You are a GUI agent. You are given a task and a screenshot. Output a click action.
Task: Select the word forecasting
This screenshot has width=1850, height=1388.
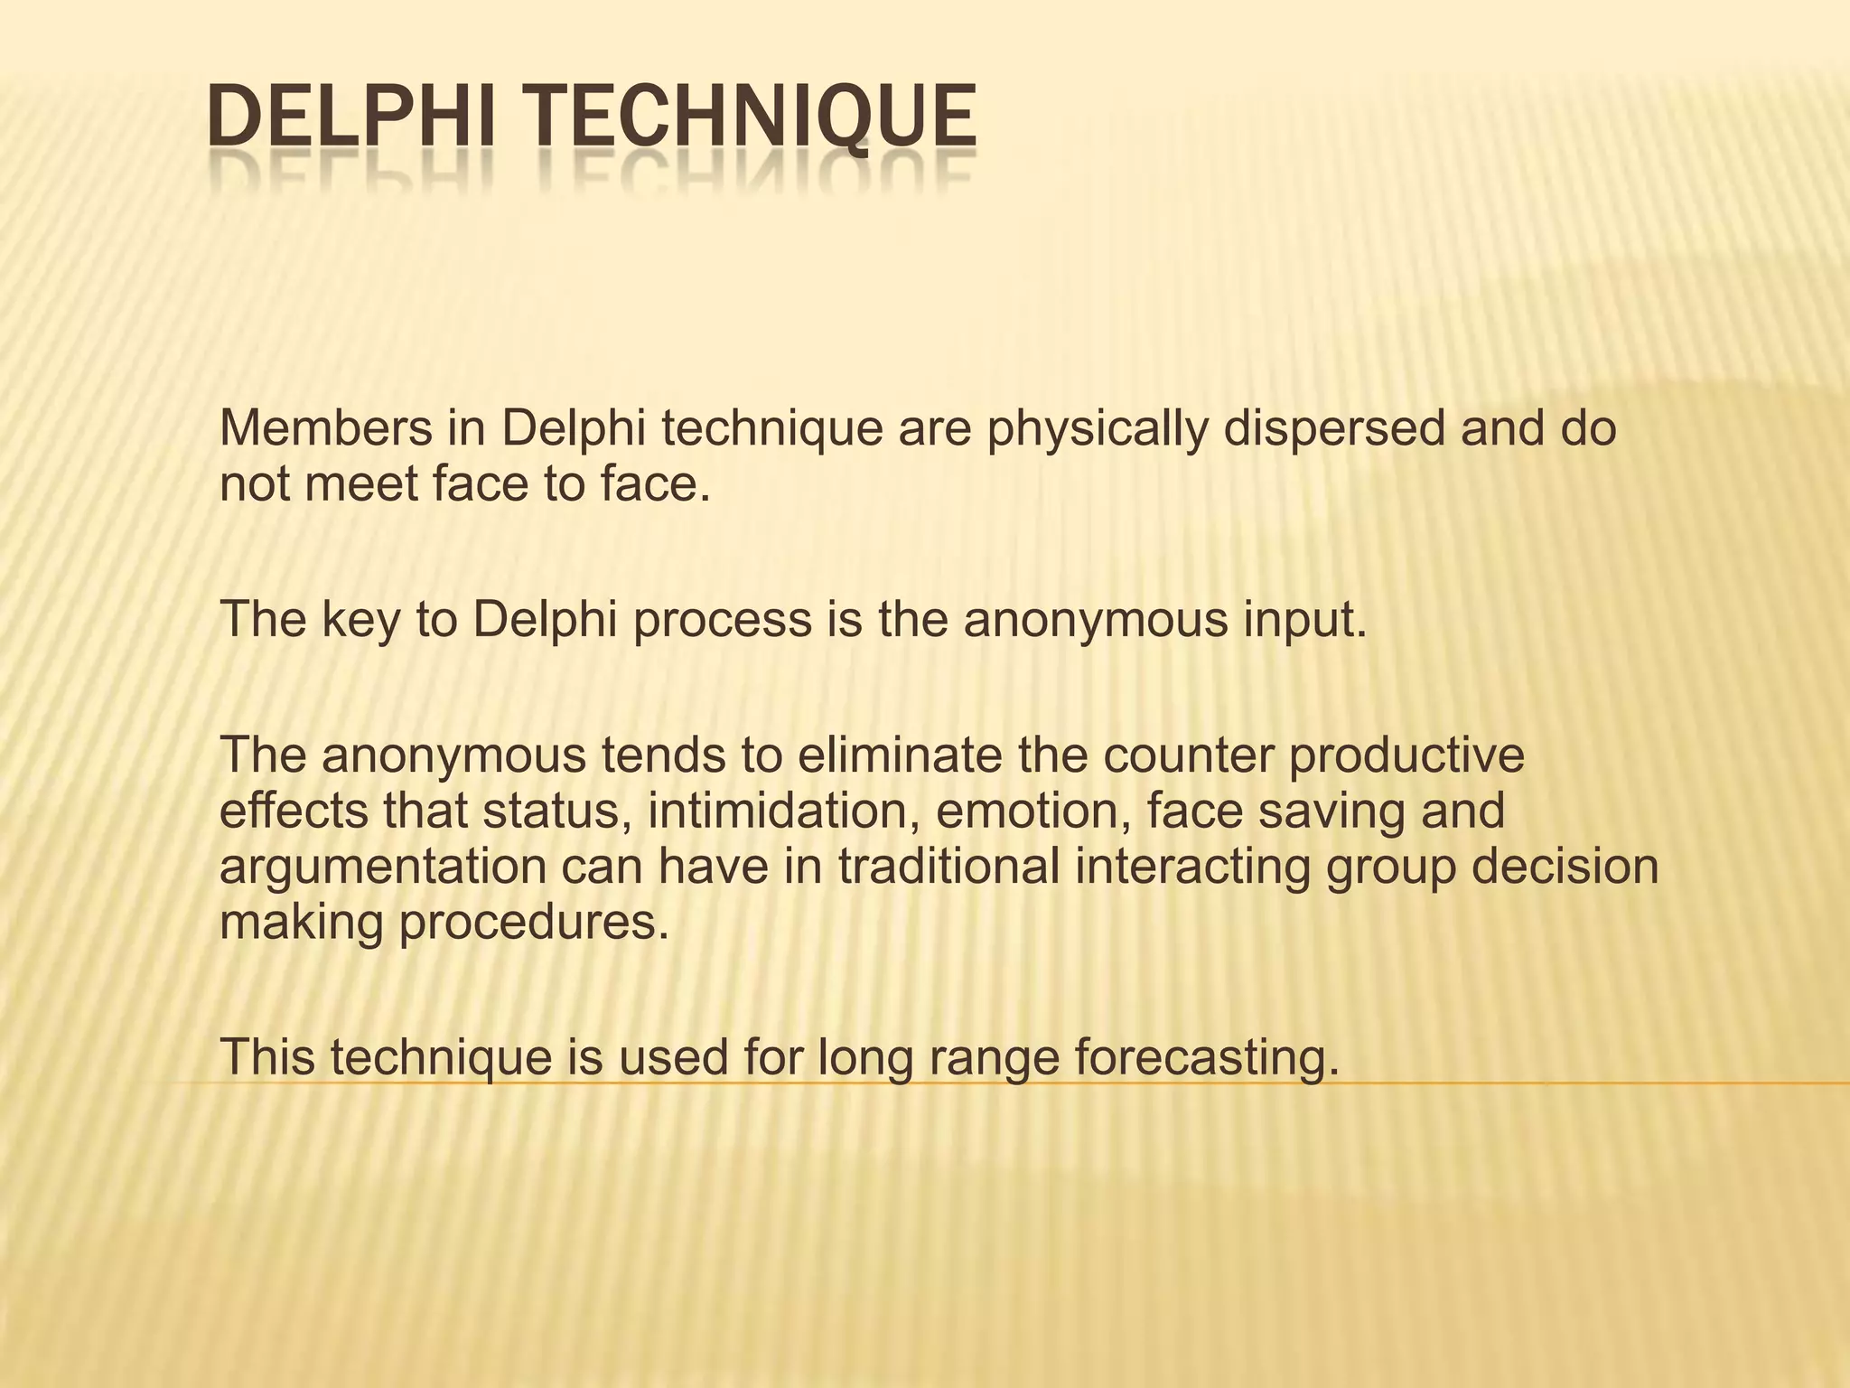coord(1206,1058)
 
